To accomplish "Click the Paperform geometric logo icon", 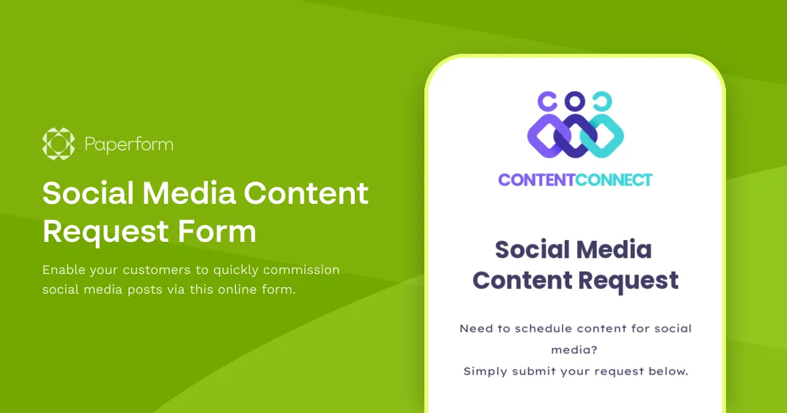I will [59, 144].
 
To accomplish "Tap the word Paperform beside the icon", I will [129, 144].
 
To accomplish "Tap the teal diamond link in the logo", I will [604, 136].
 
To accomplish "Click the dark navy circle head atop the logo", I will [575, 101].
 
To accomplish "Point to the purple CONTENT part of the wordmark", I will [536, 180].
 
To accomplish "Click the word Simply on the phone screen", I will [485, 371].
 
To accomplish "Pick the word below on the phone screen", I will [668, 371].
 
